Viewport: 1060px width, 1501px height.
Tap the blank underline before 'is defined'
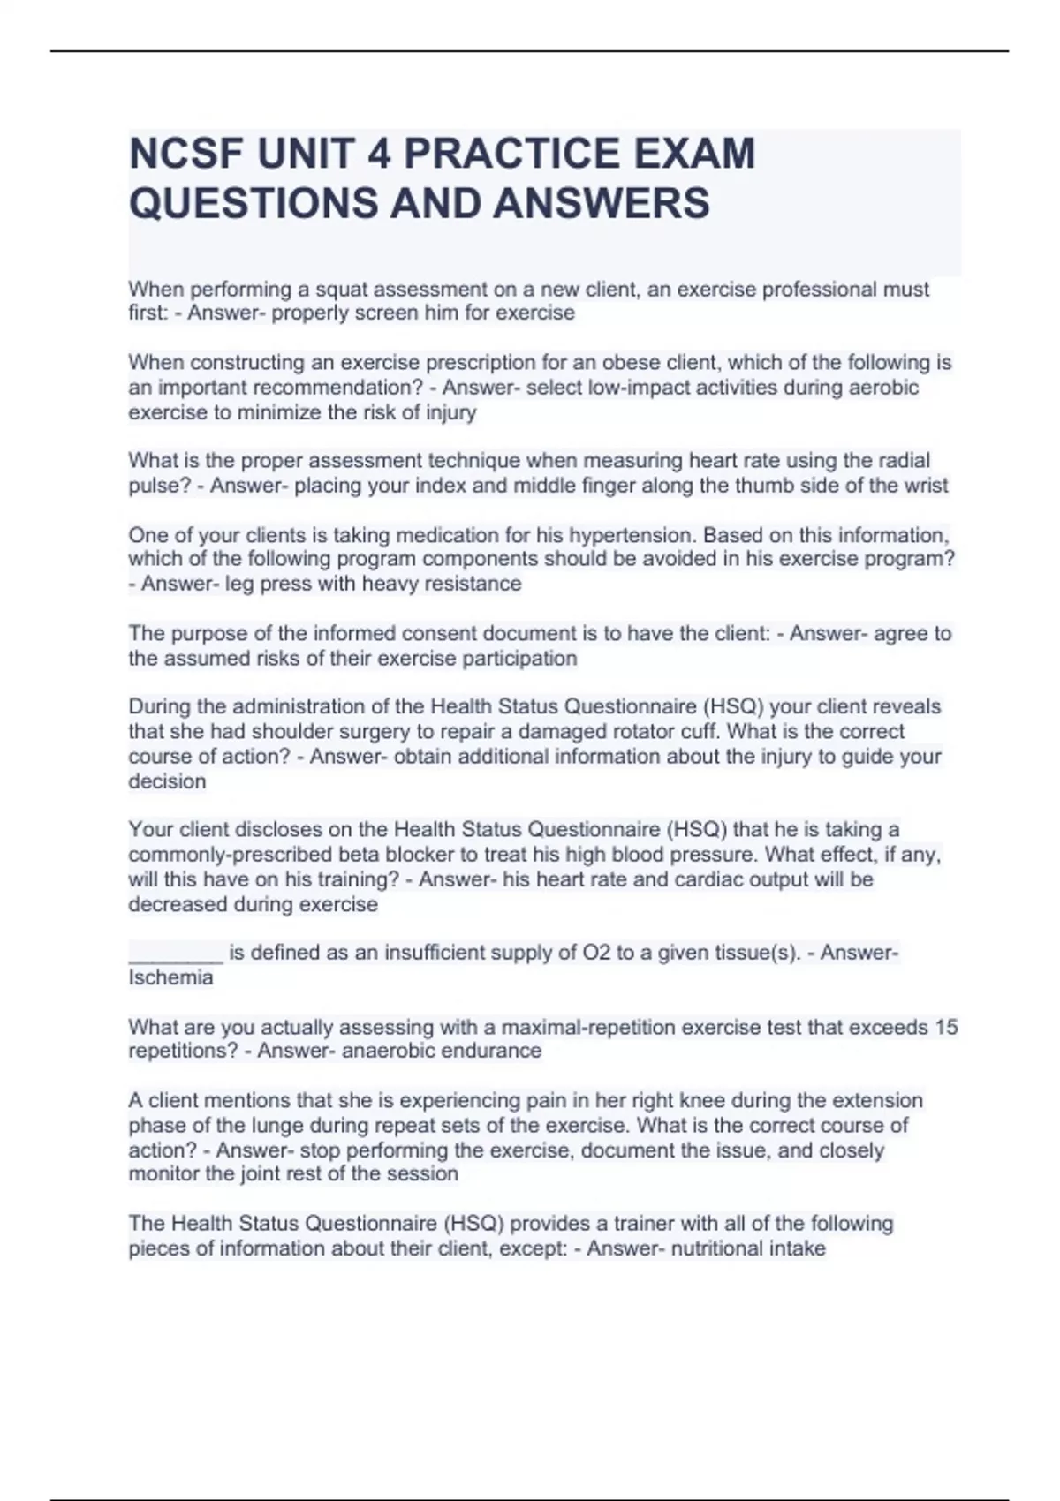coord(176,953)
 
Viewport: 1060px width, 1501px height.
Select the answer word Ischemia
coord(170,977)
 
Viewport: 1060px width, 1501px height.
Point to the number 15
coord(946,1027)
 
